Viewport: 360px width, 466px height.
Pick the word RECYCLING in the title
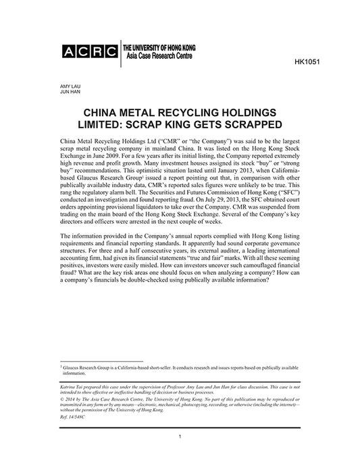point(198,111)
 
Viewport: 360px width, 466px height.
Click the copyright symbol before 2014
point(63,400)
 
